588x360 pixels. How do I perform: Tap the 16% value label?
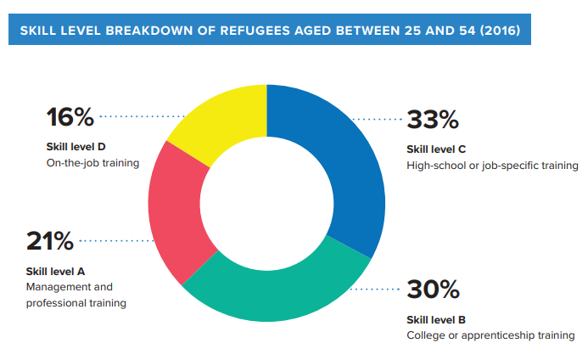(x=69, y=115)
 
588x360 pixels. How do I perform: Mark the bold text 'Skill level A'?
(x=56, y=271)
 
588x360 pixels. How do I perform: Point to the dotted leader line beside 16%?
(x=143, y=115)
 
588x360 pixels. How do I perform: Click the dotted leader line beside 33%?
(x=378, y=119)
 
